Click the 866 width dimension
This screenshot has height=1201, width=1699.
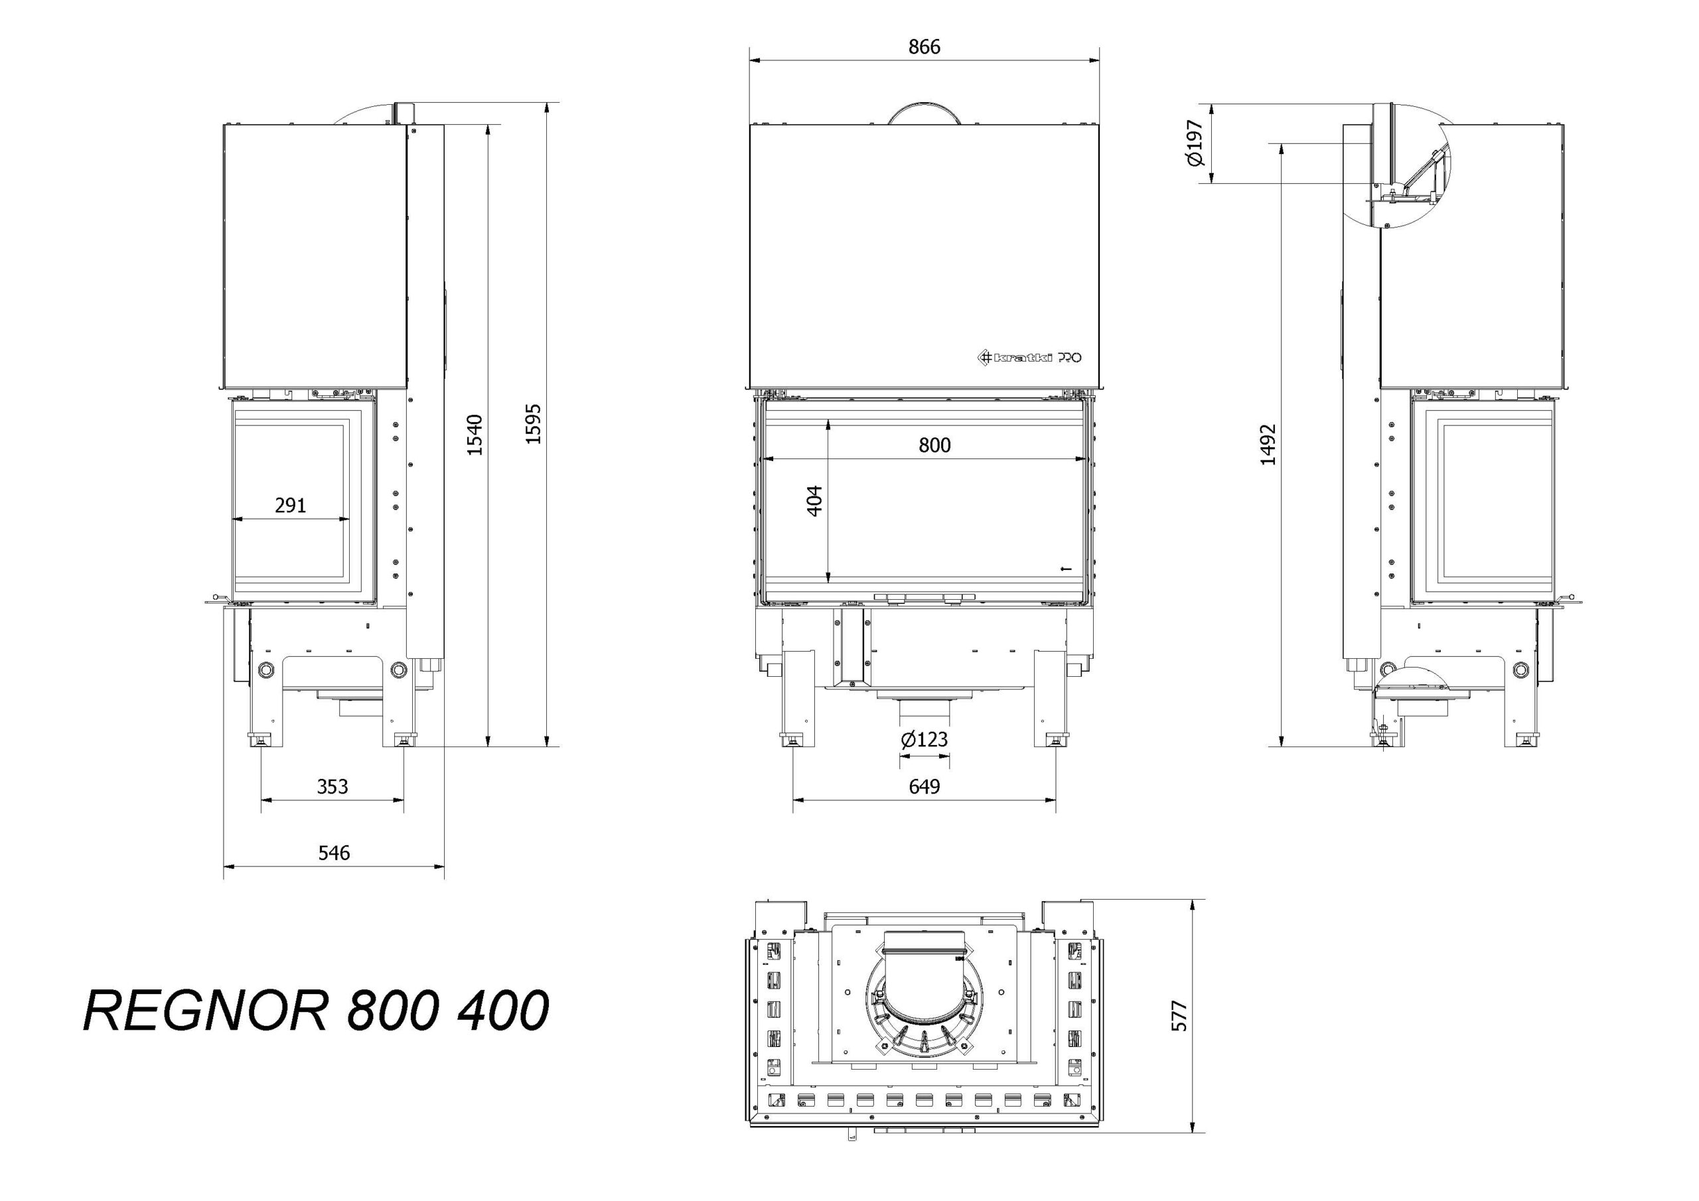coord(924,47)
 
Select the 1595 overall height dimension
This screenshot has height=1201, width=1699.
coord(534,424)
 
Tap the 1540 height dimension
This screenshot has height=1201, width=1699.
coord(475,435)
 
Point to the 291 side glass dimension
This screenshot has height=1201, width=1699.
coord(290,506)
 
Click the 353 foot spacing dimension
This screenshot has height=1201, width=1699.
coord(332,786)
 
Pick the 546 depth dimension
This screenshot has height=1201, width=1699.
coord(334,853)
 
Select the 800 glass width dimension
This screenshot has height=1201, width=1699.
coord(934,445)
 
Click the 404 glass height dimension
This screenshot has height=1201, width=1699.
coord(814,501)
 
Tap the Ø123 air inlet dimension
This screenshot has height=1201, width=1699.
coord(924,739)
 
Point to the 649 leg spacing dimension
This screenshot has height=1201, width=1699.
coord(924,786)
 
